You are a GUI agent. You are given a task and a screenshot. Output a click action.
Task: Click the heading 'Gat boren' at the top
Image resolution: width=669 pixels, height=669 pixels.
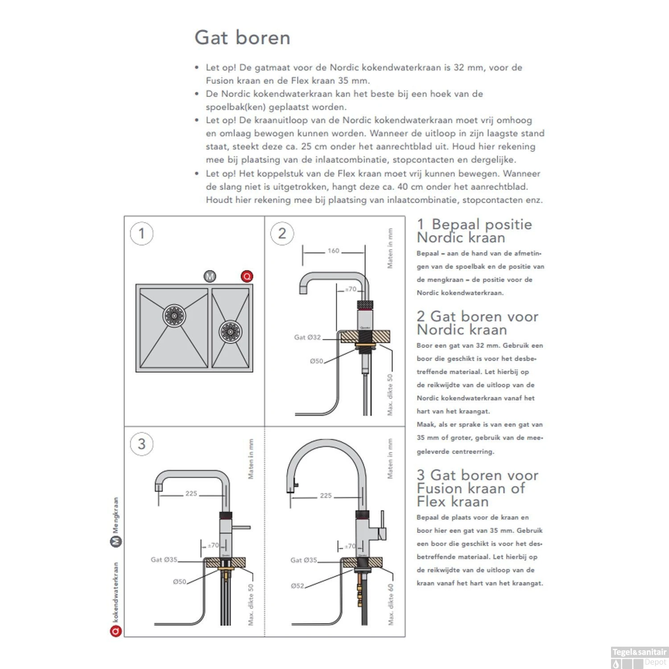tap(242, 37)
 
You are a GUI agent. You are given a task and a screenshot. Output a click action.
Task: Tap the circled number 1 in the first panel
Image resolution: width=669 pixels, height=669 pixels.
tap(141, 233)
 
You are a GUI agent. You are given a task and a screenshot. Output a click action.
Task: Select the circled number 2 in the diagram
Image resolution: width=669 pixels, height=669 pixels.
tap(282, 233)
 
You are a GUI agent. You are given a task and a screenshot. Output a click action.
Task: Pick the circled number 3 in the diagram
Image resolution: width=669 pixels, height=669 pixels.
tap(141, 444)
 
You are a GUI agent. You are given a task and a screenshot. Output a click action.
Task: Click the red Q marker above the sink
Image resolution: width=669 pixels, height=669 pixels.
tap(247, 276)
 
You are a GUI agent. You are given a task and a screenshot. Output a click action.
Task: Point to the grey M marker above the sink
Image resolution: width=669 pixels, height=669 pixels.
tap(210, 276)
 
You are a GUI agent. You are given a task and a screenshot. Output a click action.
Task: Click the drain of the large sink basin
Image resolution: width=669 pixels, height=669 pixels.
tap(174, 315)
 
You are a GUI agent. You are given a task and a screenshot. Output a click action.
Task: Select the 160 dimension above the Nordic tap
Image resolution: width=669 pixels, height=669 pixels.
tap(333, 251)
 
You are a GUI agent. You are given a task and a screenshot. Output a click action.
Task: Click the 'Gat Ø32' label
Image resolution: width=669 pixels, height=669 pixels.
tap(307, 337)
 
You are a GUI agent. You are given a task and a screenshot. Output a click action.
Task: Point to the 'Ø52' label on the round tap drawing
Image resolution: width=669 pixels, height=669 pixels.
tap(297, 586)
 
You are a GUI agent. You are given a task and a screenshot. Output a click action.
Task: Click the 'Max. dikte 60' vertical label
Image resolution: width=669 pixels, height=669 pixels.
tap(391, 604)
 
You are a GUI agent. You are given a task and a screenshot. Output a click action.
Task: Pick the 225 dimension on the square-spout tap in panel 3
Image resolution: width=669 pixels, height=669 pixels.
tap(191, 493)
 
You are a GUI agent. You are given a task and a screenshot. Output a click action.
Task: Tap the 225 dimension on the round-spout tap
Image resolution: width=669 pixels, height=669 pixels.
tap(326, 496)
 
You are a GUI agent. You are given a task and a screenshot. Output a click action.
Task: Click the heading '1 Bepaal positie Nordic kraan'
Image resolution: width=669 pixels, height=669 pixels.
tap(474, 231)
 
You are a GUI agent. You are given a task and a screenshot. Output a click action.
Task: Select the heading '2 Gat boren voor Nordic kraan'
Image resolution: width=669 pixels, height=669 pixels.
tap(477, 323)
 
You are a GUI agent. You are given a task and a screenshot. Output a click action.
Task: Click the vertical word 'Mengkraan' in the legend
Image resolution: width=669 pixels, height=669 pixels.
tap(116, 516)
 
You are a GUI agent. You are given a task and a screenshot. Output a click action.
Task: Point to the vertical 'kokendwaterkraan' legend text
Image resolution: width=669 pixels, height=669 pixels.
tap(116, 592)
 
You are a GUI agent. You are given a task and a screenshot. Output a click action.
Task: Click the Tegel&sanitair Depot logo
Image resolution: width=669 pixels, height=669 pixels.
tap(639, 657)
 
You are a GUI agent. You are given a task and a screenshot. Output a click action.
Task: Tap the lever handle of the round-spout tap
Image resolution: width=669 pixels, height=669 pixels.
tap(382, 524)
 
